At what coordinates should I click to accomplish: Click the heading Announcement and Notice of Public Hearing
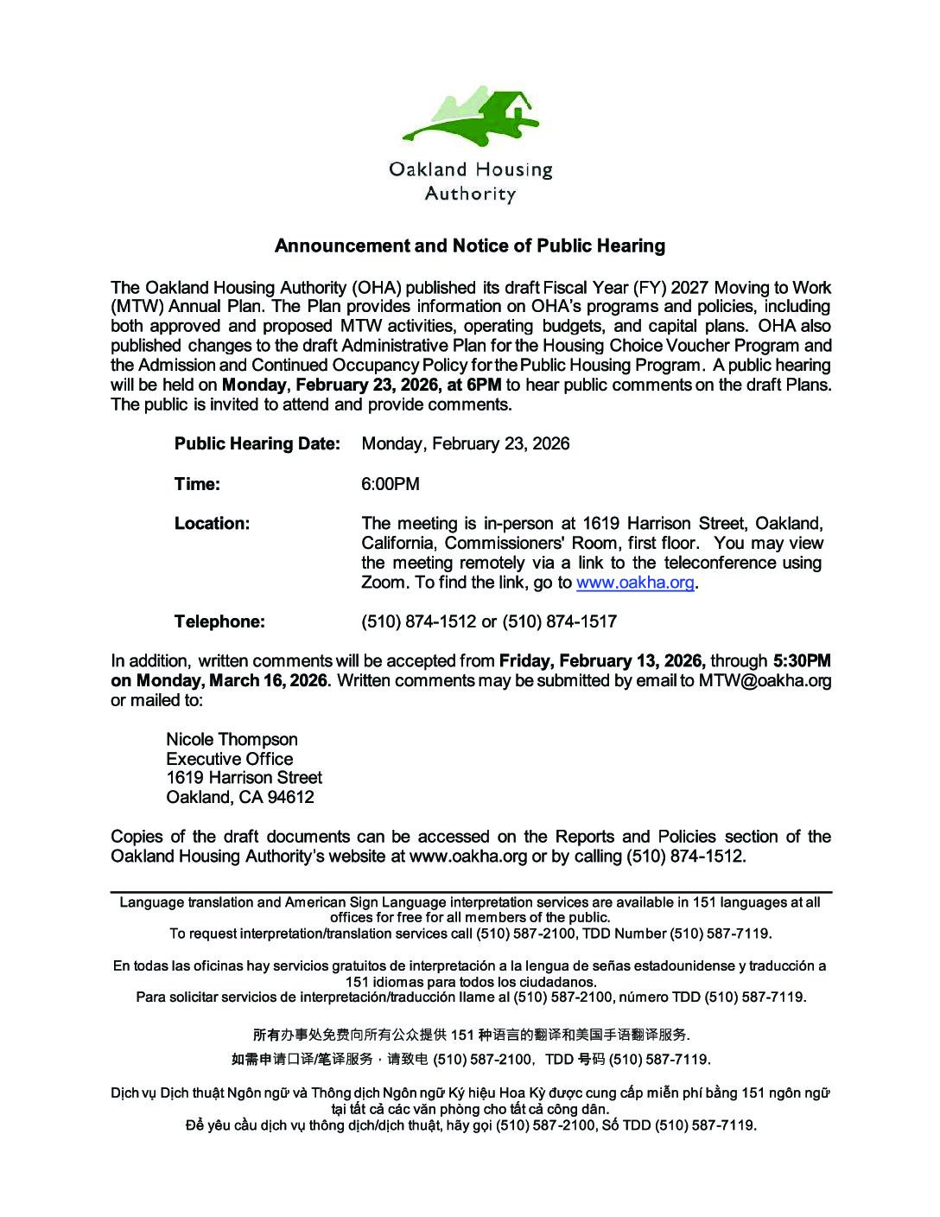[469, 245]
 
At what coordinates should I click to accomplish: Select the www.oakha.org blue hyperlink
[635, 583]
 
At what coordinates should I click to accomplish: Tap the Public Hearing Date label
[257, 443]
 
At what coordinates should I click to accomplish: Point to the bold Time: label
[197, 484]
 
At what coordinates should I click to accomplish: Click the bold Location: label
[212, 523]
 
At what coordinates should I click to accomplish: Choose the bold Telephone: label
[219, 621]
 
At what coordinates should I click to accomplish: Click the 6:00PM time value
[391, 484]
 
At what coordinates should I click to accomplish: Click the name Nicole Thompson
[232, 739]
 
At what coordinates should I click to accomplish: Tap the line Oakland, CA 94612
[240, 797]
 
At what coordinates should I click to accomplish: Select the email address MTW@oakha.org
[765, 680]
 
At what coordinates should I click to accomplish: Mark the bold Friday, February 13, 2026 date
[602, 661]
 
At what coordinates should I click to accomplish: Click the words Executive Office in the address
[229, 759]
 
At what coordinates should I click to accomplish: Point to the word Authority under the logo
[469, 194]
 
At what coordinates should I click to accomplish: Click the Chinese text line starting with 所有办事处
[471, 1035]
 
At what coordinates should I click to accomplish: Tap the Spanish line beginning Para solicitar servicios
[471, 997]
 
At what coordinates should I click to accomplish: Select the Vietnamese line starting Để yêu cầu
[471, 1125]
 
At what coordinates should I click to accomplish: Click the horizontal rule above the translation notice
[471, 891]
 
